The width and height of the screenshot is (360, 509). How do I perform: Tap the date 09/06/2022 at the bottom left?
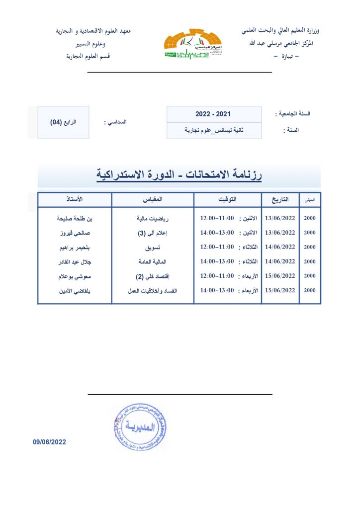tap(50, 441)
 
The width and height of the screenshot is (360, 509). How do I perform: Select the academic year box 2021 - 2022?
tap(213, 114)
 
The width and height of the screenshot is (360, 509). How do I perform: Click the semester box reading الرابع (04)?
tap(63, 122)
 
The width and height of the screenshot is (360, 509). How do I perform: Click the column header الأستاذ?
tap(75, 199)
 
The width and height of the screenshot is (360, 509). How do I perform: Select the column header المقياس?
tap(153, 199)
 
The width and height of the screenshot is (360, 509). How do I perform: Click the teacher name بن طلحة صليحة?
tap(75, 218)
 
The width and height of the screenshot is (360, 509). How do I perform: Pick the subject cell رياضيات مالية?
tap(153, 218)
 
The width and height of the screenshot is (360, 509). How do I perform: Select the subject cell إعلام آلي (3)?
tap(153, 233)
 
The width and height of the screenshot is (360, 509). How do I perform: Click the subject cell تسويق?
tap(153, 247)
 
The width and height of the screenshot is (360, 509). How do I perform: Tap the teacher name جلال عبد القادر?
tap(75, 261)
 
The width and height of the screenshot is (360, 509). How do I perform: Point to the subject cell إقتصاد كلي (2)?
tap(153, 276)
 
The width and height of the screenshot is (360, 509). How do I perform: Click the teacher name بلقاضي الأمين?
tap(75, 290)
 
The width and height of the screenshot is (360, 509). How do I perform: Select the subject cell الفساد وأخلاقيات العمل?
tap(153, 290)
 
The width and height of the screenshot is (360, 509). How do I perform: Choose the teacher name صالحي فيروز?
tap(75, 233)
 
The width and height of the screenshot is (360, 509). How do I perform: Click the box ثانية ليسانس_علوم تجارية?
tap(213, 130)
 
